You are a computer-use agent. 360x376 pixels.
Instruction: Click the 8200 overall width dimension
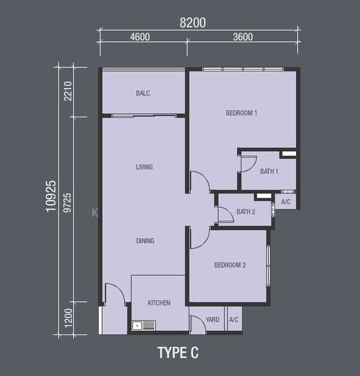point(193,23)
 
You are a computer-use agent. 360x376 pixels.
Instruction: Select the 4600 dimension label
point(140,37)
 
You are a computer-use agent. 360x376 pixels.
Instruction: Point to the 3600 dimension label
point(243,37)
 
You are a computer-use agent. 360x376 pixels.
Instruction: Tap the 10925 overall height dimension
point(51,196)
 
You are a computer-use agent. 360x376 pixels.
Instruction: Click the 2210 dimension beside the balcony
point(68,91)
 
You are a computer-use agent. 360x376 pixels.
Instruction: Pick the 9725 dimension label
point(68,203)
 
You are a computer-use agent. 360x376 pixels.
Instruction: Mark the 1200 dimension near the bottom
point(68,318)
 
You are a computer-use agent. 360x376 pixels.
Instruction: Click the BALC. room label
point(143,93)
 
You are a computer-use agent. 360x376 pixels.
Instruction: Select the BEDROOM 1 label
point(241,113)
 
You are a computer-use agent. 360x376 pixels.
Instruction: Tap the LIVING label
point(144,167)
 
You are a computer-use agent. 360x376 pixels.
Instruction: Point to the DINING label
point(146,241)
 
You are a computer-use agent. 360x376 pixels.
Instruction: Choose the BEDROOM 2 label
point(230,265)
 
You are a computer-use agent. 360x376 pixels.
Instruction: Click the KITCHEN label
point(159,303)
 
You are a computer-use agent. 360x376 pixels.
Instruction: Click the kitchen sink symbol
point(144,326)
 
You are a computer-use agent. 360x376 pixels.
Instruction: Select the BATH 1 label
point(269,171)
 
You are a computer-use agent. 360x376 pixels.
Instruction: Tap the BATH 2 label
point(246,212)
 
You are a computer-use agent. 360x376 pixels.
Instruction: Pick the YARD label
point(213,320)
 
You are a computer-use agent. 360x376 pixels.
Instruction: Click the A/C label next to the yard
point(234,320)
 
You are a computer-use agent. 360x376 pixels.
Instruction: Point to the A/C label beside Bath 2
point(286,202)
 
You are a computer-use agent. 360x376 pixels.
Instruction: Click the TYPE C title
point(178,353)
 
